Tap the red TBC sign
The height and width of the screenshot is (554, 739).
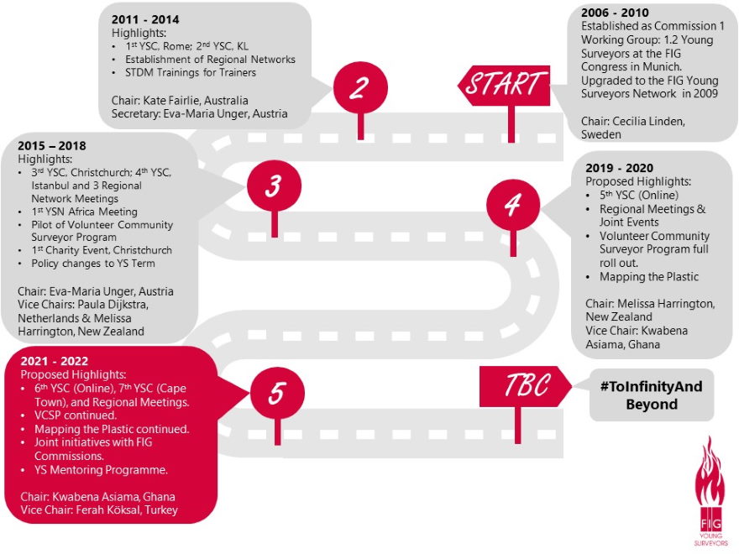[527, 385]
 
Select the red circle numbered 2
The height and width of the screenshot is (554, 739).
[359, 88]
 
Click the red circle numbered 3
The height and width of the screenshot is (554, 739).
[274, 186]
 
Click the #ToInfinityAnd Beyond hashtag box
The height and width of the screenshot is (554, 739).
[652, 395]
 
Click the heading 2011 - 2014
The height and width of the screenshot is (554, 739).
[145, 19]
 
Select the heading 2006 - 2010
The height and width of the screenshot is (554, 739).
[616, 13]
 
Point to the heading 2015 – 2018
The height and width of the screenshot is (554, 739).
[52, 144]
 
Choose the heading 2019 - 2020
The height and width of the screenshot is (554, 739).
[620, 168]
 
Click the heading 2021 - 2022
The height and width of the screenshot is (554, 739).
[55, 360]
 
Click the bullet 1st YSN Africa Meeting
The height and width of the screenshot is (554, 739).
[84, 212]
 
